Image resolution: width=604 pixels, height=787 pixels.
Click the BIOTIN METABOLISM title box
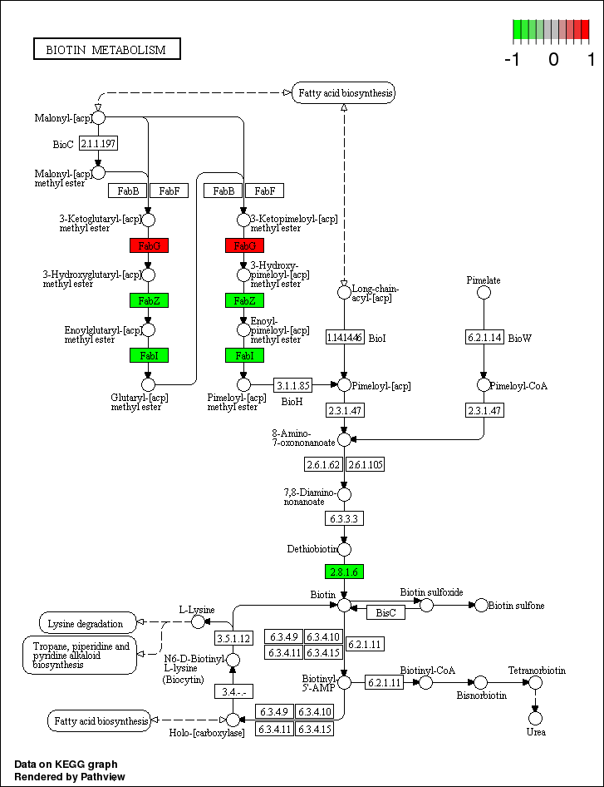106,50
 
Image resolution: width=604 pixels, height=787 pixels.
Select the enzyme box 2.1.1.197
98,144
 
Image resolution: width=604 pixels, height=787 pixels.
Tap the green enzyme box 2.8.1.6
344,572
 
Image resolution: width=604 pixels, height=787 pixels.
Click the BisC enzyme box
385,612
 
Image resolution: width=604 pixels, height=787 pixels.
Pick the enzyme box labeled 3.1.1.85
292,385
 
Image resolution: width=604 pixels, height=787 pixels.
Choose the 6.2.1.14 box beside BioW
484,337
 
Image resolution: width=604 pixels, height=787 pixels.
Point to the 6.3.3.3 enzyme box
344,517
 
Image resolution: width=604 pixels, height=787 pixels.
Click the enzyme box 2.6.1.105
365,464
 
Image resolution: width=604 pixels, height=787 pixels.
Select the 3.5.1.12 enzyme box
233,638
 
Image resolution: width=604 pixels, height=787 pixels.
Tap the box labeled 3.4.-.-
233,691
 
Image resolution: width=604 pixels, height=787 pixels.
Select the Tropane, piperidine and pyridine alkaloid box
80,656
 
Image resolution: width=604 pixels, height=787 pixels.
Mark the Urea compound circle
536,717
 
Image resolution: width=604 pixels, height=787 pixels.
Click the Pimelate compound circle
484,292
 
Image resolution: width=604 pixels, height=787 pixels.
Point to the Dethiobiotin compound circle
344,549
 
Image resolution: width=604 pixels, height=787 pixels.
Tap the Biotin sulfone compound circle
481,606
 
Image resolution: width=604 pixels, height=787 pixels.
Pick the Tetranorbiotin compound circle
536,682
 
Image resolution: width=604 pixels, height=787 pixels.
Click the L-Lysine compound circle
198,621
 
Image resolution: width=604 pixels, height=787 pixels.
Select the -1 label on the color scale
513,59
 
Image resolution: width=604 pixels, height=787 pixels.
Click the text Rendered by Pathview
66,776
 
